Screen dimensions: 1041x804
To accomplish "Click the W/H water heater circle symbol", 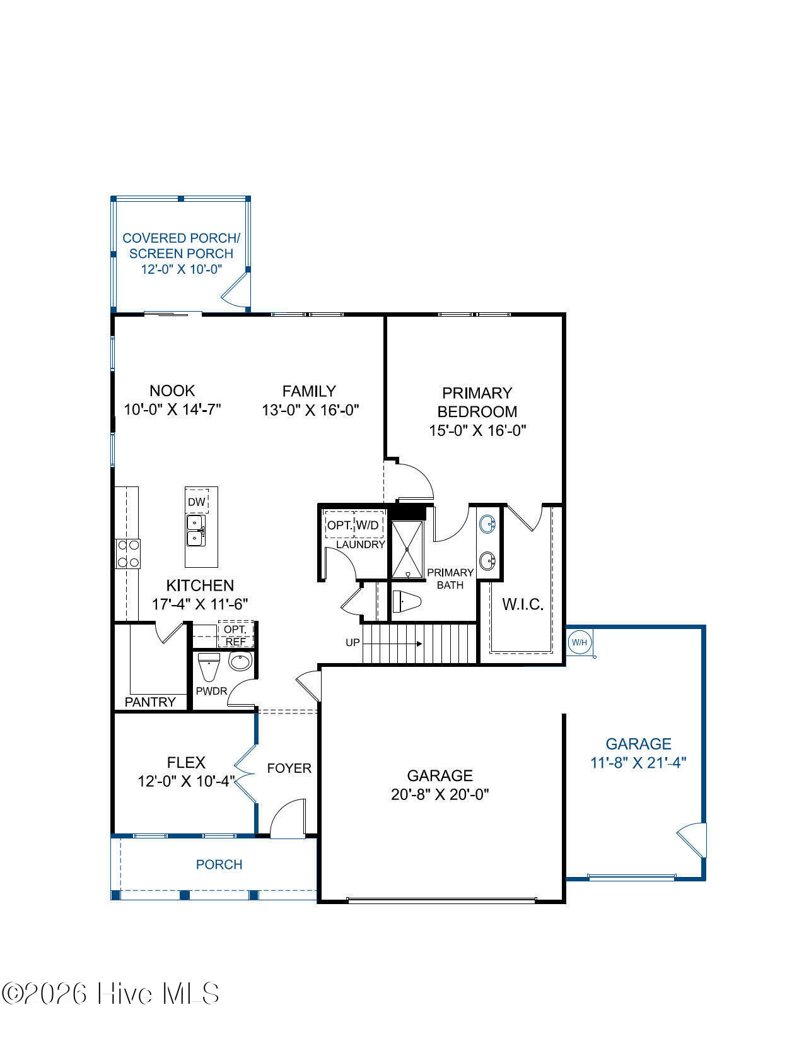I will point(579,643).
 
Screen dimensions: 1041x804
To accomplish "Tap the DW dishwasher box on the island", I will point(197,502).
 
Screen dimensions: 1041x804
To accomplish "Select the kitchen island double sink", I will point(195,531).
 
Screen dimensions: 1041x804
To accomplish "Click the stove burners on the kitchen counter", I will point(127,554).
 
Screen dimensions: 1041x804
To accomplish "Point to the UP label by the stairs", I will point(352,643).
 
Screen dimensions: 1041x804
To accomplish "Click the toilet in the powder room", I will point(208,666).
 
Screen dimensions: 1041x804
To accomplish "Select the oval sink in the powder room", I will point(240,662).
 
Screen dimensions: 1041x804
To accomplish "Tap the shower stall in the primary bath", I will point(408,549).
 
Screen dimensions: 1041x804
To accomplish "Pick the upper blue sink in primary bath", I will point(487,524).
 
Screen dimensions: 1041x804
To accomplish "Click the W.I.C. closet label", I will point(523,604).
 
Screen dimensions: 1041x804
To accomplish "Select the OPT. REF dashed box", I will point(236,635).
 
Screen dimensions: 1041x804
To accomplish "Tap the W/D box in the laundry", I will point(368,525).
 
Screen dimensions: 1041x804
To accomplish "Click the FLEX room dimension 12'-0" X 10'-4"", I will point(186,782).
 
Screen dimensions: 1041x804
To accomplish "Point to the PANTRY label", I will point(150,702).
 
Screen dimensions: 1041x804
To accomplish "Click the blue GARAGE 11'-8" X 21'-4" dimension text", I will point(638,762).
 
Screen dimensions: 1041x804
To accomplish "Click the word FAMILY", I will point(309,391).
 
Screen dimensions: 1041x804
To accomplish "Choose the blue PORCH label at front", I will point(219,864).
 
